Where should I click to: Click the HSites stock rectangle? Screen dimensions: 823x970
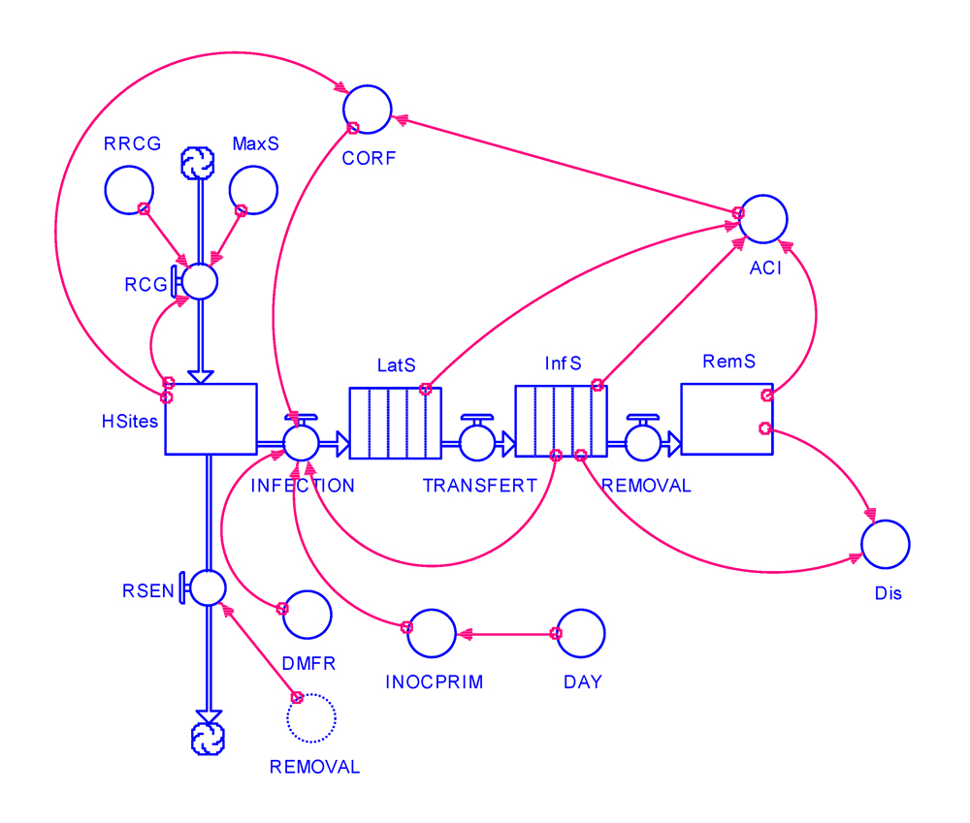coord(210,419)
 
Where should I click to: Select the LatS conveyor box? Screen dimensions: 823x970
coord(395,423)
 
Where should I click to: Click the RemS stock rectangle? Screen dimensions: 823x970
coord(727,419)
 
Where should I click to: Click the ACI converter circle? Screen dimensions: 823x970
coord(761,218)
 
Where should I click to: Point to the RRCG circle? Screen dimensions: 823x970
coord(129,189)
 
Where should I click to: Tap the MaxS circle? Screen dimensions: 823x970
coord(252,189)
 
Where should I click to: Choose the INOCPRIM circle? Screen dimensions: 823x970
coord(432,634)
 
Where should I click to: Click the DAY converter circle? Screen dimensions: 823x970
coord(581,633)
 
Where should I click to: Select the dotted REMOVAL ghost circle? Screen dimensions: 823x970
coord(311,717)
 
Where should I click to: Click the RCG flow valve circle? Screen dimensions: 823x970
coord(200,281)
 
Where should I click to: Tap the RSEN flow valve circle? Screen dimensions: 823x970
coord(208,587)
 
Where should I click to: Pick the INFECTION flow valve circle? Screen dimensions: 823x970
coord(301,443)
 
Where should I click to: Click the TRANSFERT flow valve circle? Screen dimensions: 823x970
coord(477,443)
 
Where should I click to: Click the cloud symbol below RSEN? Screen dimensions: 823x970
coord(208,738)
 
